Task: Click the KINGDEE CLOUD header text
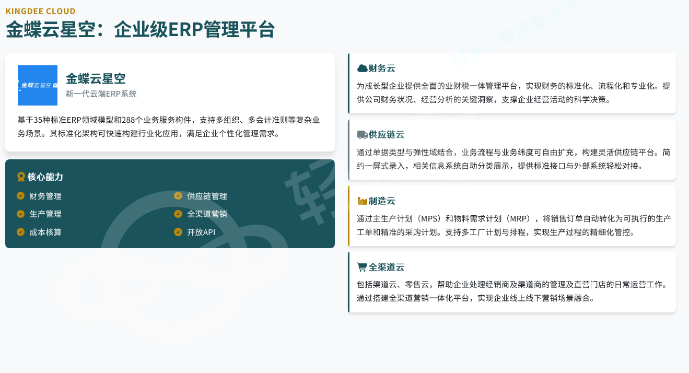[41, 11]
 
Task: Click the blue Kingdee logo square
[38, 85]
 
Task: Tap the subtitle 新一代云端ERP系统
[101, 94]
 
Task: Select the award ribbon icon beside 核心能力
[21, 177]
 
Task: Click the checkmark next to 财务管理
[20, 196]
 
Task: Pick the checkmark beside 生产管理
[20, 214]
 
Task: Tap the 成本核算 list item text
[45, 232]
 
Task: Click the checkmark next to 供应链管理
[178, 196]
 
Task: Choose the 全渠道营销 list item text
[207, 214]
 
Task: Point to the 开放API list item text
[201, 232]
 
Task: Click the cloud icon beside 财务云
[362, 68]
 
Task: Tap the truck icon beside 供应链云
[362, 135]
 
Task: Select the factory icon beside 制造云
[362, 201]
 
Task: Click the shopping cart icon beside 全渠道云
[361, 267]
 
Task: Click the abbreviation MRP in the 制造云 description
[518, 219]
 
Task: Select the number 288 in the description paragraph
[129, 120]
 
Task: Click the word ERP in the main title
[185, 30]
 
